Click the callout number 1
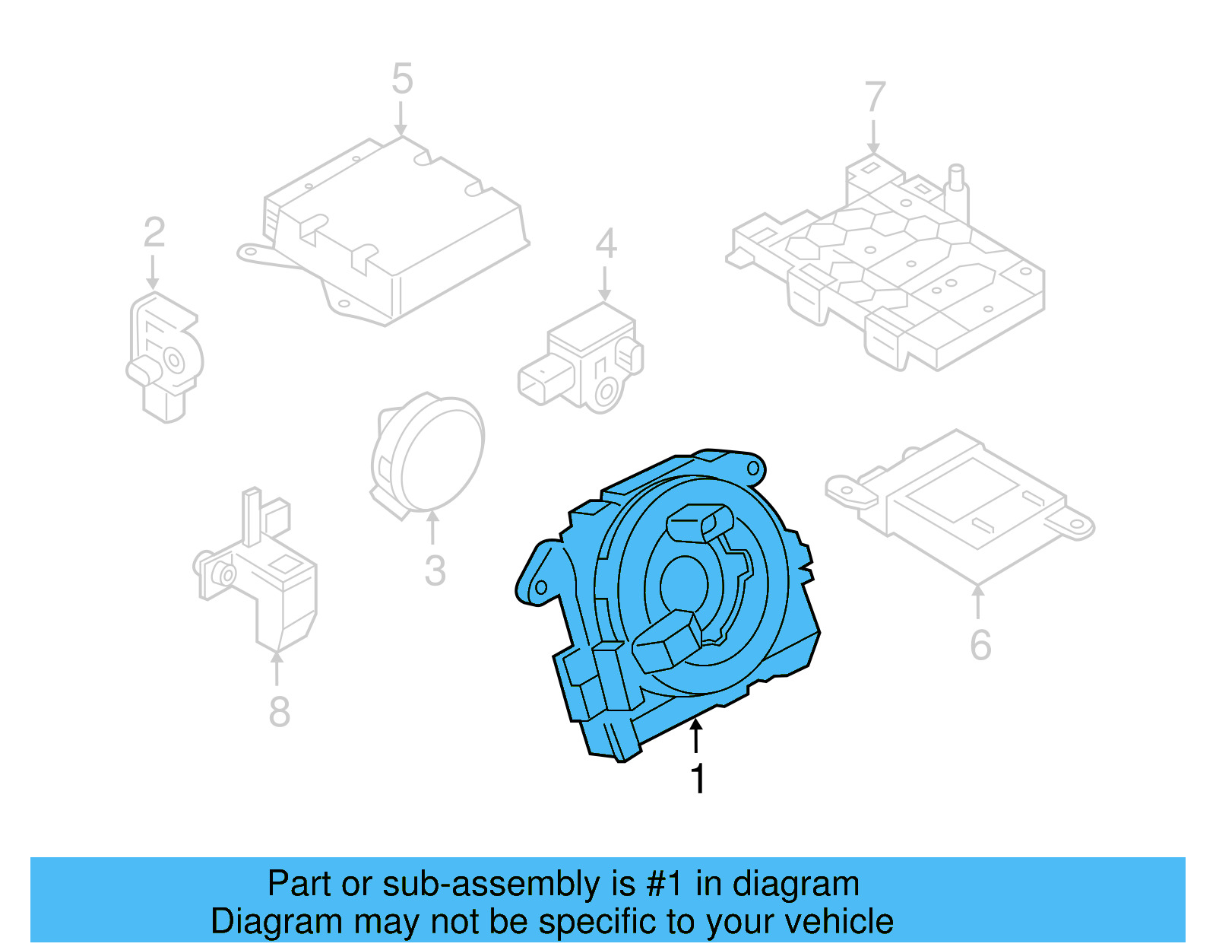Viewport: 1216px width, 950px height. (698, 779)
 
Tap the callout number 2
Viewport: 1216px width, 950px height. (154, 232)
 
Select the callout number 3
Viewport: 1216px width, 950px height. (435, 570)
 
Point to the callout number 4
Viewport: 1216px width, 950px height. (606, 244)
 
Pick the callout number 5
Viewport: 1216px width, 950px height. (402, 79)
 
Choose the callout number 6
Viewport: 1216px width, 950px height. (980, 645)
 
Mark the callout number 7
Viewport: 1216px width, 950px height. (875, 97)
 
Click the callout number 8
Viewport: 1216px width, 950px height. (279, 712)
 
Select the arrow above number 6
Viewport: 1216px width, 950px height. (978, 600)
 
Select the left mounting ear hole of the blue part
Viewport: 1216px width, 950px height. (541, 588)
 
